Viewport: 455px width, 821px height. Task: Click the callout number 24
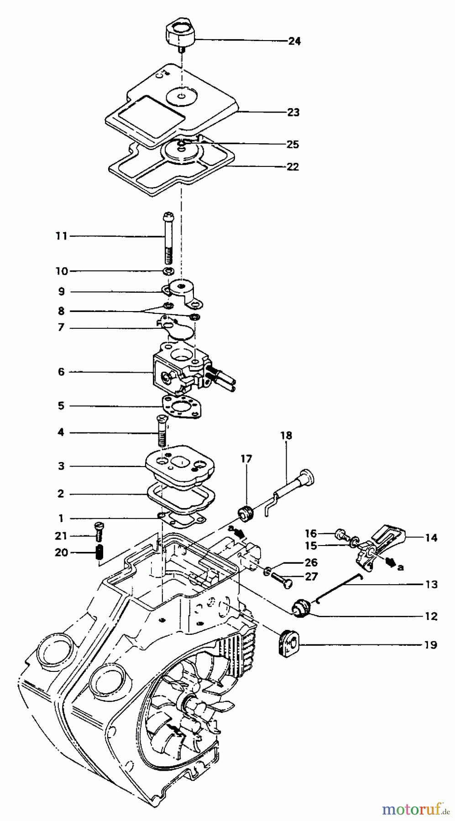294,41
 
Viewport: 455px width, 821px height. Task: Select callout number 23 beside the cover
293,112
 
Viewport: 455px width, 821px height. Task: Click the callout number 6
61,372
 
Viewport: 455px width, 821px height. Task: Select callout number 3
61,466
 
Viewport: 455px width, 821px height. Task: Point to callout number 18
286,436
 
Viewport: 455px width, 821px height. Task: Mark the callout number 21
61,535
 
